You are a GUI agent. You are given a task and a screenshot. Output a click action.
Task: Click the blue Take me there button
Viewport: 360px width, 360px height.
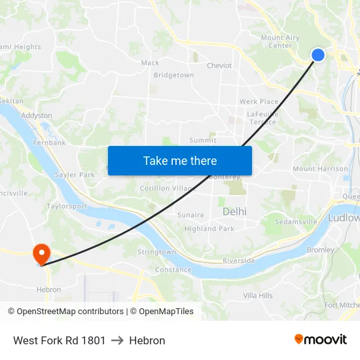180,160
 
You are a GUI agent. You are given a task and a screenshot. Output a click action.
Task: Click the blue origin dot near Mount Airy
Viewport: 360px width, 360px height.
318,55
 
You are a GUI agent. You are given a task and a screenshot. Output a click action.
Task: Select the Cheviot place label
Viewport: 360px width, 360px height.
219,65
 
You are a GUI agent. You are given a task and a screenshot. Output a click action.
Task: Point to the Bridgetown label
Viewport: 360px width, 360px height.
173,75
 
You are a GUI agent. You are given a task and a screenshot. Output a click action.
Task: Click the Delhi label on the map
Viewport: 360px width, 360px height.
234,211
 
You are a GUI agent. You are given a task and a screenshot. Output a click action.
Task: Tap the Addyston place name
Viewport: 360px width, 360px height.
37,115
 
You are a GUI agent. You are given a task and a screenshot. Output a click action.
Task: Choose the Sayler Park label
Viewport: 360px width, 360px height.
75,175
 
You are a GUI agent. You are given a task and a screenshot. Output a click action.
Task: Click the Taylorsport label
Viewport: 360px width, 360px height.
67,206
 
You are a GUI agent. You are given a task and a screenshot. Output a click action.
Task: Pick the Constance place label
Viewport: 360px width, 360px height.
173,270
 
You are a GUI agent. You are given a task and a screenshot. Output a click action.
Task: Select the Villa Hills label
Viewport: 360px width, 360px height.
258,296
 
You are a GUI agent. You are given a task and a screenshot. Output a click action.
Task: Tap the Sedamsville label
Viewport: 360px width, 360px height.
296,222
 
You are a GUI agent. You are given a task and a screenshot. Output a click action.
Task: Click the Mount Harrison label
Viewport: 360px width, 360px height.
321,169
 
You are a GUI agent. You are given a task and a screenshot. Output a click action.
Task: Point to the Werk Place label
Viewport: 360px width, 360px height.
259,101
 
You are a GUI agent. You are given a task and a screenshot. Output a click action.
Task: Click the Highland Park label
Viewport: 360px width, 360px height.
209,228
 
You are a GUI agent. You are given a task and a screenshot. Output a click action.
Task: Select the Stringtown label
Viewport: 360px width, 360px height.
156,252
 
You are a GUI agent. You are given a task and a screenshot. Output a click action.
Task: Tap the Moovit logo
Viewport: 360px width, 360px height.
321,339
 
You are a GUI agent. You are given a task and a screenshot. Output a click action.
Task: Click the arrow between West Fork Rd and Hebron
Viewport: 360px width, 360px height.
117,340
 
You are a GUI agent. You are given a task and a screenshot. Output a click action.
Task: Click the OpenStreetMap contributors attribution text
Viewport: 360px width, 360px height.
65,312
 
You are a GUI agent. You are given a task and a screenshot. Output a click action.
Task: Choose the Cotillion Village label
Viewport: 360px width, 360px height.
168,189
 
